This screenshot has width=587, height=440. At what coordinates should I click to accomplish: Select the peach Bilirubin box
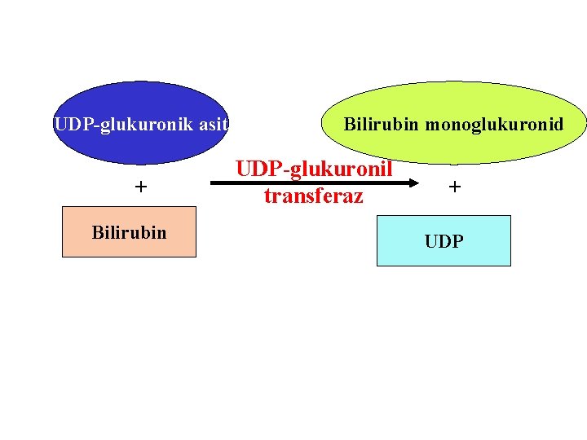click(x=129, y=232)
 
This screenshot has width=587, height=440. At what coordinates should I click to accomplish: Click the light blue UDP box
click(x=444, y=241)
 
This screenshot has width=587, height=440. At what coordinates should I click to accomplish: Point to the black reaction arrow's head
click(x=412, y=184)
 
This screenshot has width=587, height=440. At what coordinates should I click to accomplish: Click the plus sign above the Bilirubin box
click(x=141, y=187)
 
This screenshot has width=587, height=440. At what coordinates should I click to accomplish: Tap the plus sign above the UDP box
click(x=454, y=187)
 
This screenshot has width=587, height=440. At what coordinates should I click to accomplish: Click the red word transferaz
click(x=313, y=196)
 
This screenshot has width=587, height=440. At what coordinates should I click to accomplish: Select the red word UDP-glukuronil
click(x=315, y=169)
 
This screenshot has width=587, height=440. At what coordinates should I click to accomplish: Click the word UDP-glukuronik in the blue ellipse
click(x=123, y=125)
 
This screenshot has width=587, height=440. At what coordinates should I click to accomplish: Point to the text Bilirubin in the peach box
click(x=129, y=232)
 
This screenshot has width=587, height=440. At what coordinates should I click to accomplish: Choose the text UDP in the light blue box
click(x=444, y=241)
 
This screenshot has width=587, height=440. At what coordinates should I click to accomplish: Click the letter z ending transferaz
click(x=359, y=196)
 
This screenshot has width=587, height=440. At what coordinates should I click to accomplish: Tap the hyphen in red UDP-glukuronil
click(x=277, y=170)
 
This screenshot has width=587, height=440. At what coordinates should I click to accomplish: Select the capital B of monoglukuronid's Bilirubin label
click(x=349, y=125)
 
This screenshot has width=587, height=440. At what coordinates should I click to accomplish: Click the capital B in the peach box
click(x=96, y=232)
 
